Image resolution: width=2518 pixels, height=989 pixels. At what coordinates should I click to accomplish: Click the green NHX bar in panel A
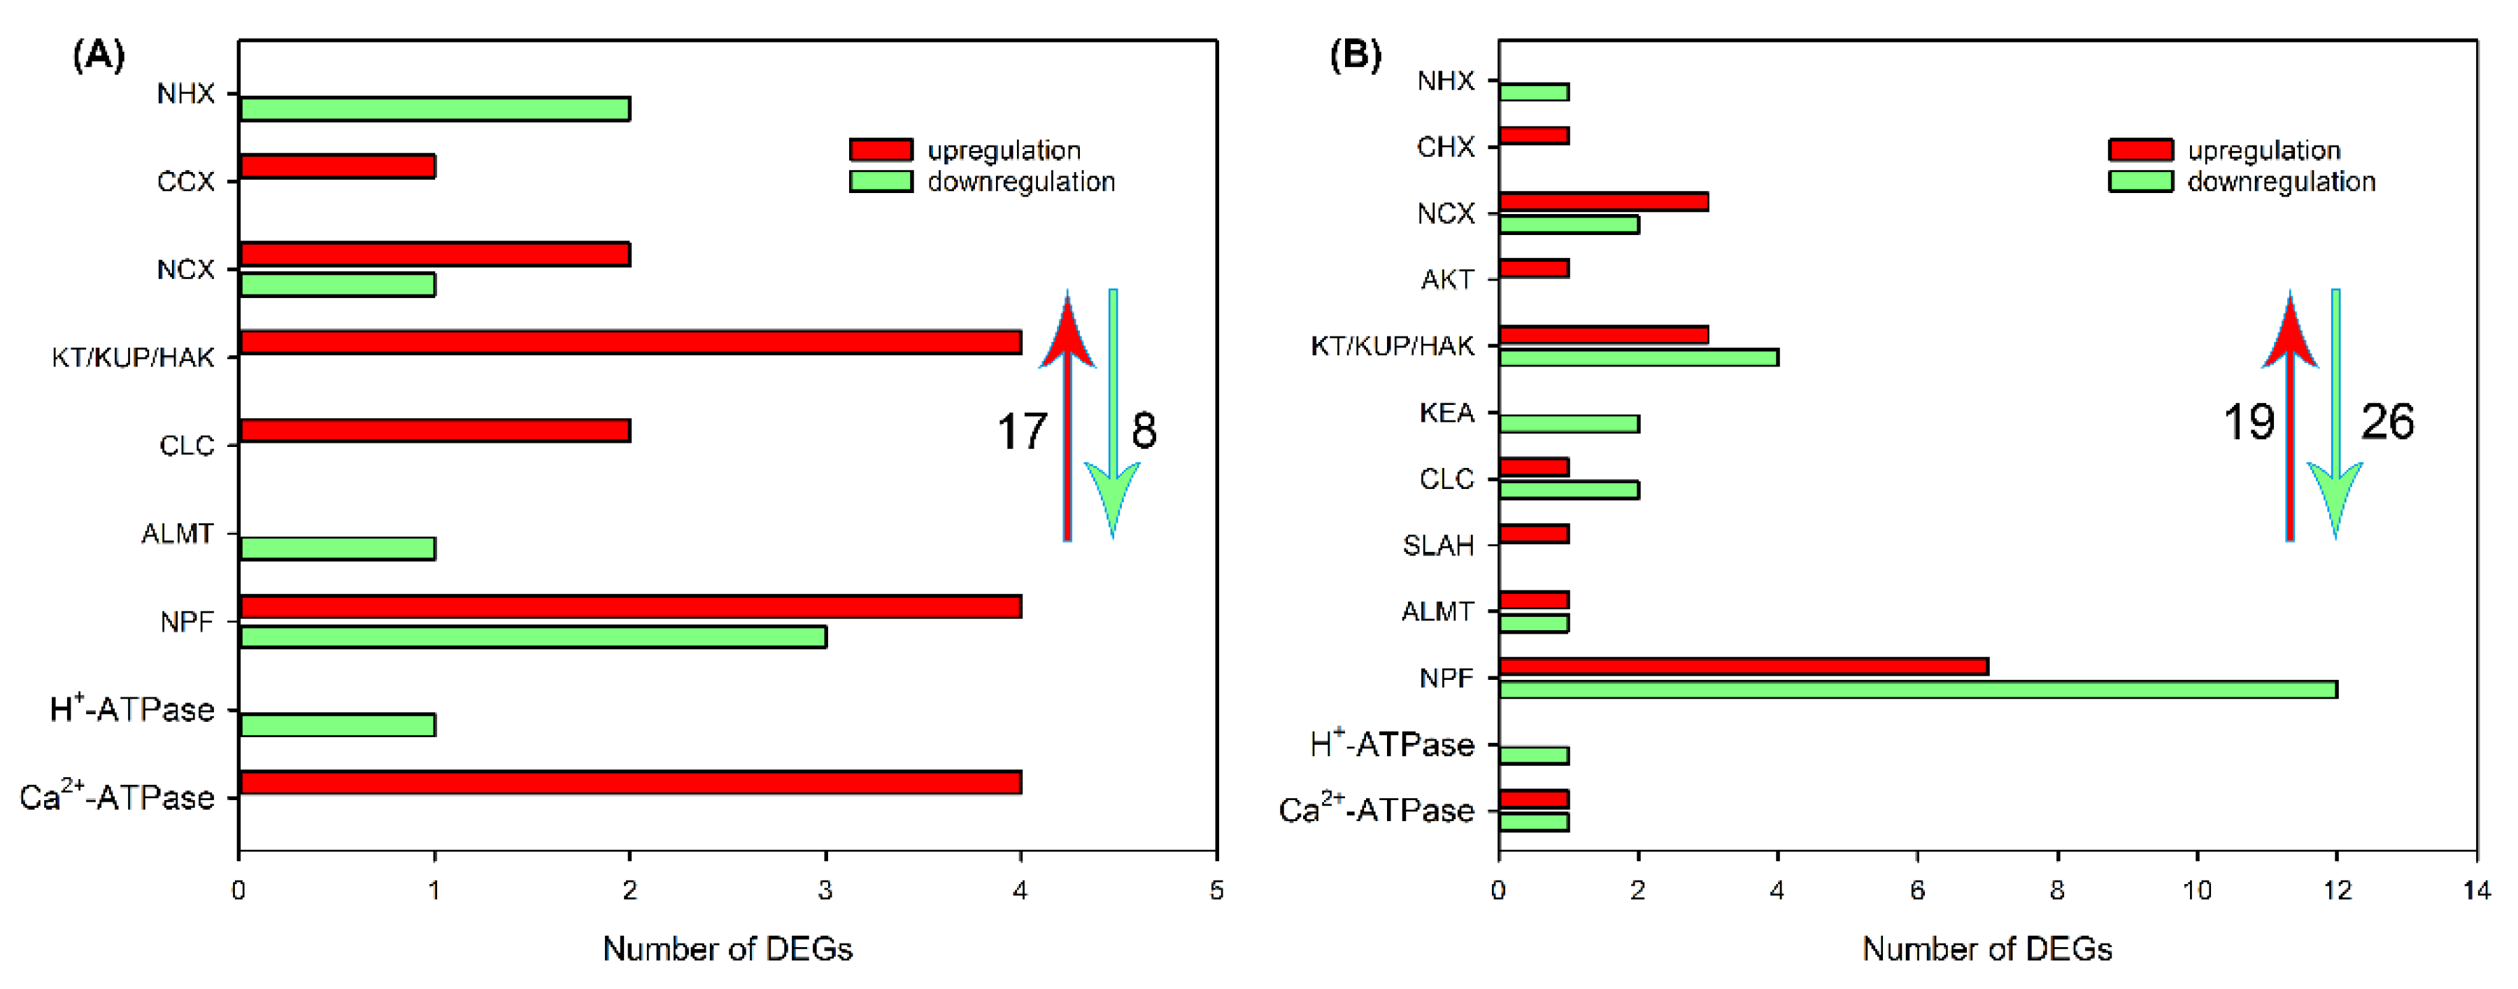pos(435,108)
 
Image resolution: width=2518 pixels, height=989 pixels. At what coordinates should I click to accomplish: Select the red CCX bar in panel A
pos(337,166)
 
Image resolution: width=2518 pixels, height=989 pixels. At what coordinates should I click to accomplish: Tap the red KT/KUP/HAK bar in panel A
pos(630,342)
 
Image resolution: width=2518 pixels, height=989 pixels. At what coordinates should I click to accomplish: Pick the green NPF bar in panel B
pos(1917,689)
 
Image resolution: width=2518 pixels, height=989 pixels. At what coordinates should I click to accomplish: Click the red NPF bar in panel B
pos(1743,667)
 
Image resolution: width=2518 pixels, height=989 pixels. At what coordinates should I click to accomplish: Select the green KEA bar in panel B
pos(1568,423)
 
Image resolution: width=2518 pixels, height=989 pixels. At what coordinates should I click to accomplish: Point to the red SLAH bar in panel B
pos(1534,534)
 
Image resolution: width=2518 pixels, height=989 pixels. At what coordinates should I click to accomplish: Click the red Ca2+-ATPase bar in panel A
pos(630,782)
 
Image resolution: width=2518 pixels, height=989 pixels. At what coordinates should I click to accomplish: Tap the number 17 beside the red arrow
pos(1021,431)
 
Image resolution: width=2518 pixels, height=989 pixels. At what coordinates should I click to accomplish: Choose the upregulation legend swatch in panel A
pos(881,150)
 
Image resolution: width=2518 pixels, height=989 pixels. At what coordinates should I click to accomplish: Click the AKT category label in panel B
pos(1446,280)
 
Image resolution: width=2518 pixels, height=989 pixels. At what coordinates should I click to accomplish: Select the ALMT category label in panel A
pos(177,534)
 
